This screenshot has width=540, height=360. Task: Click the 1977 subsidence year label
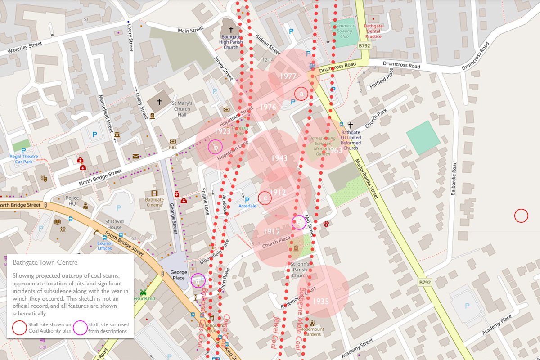coord(288,76)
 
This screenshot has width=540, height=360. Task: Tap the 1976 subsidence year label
coord(268,107)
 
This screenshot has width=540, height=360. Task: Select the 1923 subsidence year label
coord(222,131)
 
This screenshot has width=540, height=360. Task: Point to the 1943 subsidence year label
coord(279,158)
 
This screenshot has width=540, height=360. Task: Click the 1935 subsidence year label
coord(321,301)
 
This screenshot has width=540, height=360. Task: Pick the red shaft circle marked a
coord(301,94)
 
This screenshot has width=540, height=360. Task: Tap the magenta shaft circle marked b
coord(216,147)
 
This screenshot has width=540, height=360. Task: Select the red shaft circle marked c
coord(265,198)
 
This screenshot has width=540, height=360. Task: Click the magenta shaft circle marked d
coord(198,280)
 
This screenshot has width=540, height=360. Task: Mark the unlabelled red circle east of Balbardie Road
coord(521,216)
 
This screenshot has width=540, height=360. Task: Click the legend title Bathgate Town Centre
coord(45,262)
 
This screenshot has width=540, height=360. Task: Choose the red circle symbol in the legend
coord(19,328)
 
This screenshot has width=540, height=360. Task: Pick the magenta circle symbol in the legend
coord(80,328)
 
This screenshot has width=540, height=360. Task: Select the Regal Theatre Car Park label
coord(24,159)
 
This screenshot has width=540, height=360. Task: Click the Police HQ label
coord(72,201)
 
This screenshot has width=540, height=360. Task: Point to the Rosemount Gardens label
coord(312,331)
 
